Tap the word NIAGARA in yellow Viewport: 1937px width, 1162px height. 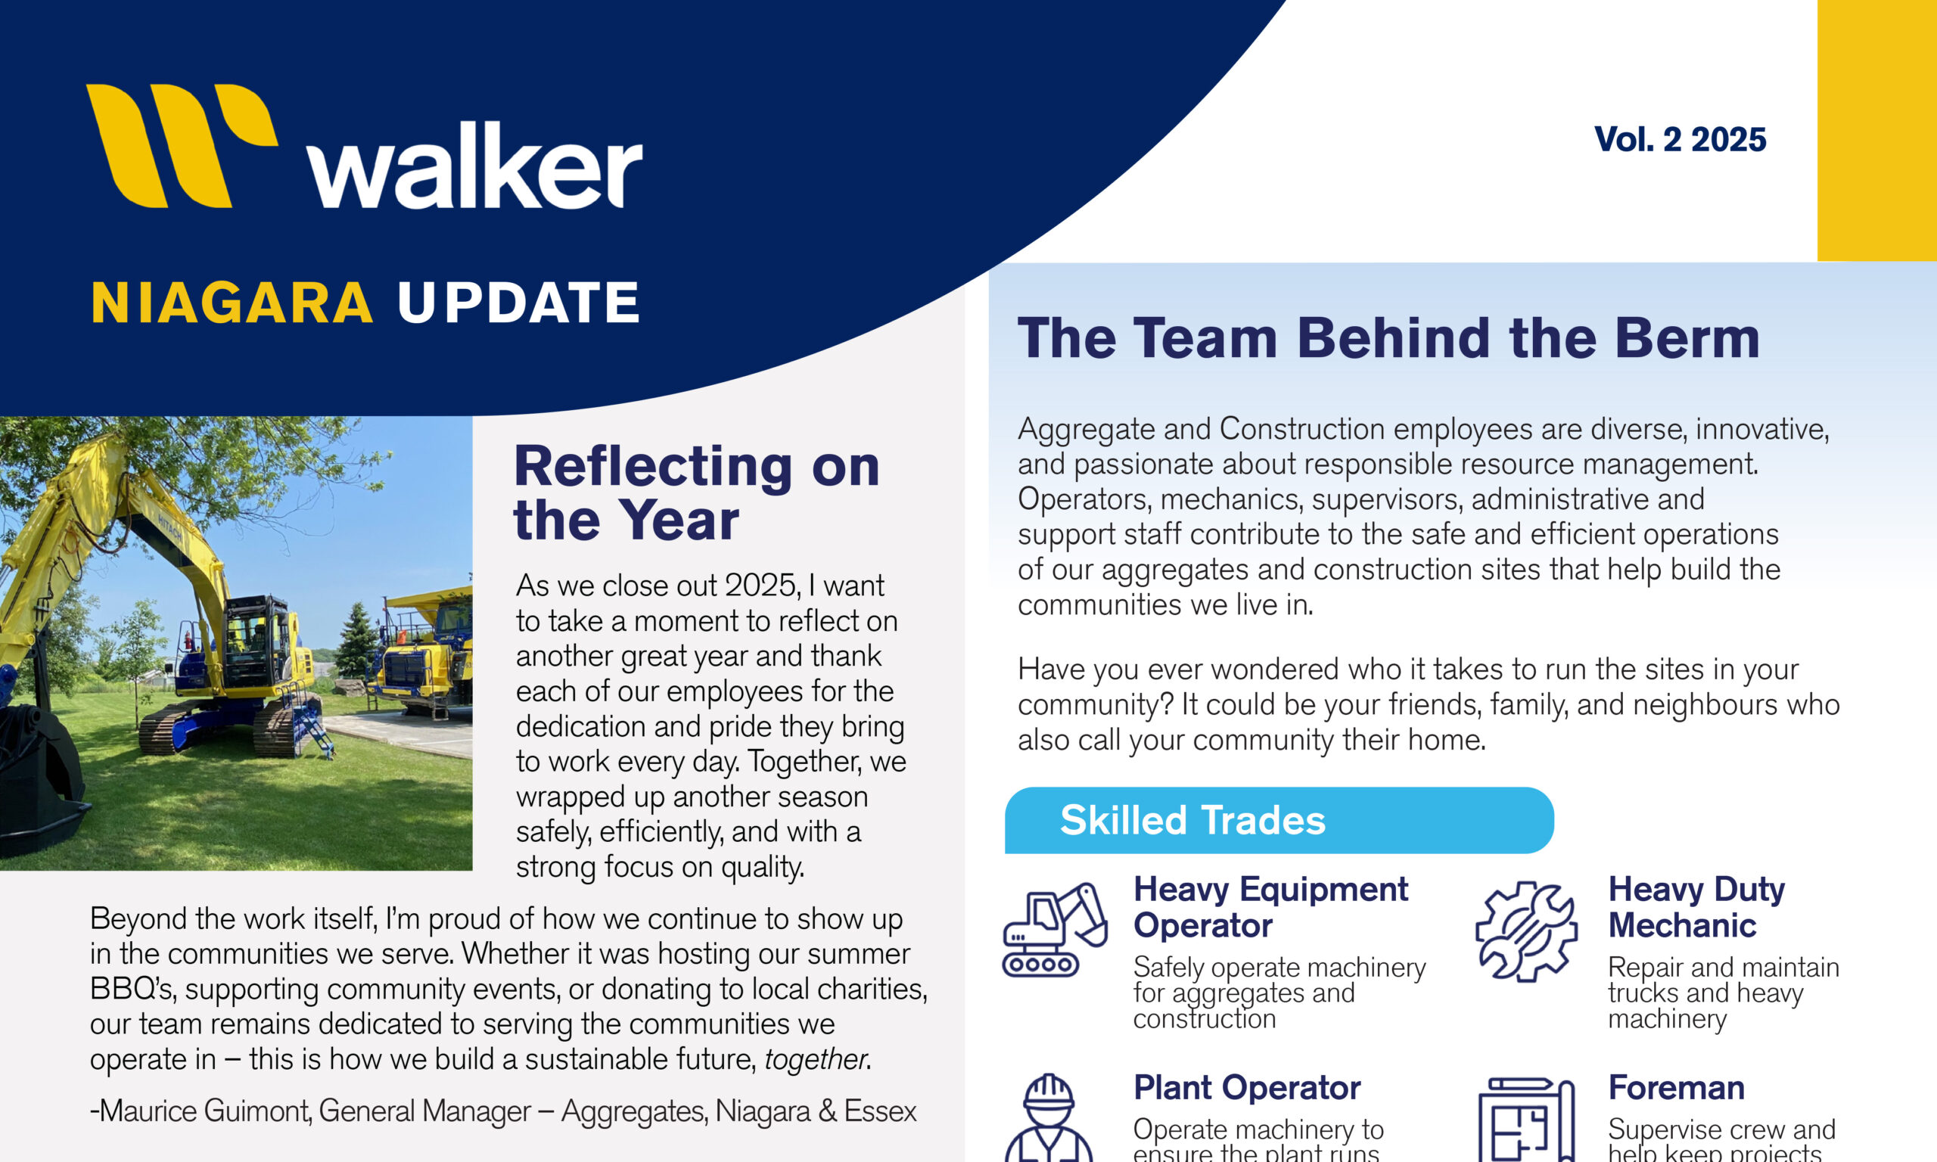pyautogui.click(x=232, y=303)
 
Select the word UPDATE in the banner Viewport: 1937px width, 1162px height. pyautogui.click(x=518, y=303)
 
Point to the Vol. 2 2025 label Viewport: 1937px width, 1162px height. pyautogui.click(x=1680, y=139)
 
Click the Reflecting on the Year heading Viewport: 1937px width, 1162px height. pyautogui.click(x=696, y=492)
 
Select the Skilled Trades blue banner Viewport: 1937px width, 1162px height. pyautogui.click(x=1279, y=821)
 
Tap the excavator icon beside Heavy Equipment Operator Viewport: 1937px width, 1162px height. pyautogui.click(x=1055, y=931)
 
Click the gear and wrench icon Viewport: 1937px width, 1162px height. pyautogui.click(x=1526, y=931)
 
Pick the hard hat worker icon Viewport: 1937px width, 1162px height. pyautogui.click(x=1049, y=1117)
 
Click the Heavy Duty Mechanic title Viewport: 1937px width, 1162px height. pyautogui.click(x=1696, y=908)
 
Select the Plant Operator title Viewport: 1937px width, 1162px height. pyautogui.click(x=1246, y=1088)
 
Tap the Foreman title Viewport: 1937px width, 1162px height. pyautogui.click(x=1676, y=1088)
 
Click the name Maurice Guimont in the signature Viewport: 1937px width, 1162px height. pyautogui.click(x=205, y=1111)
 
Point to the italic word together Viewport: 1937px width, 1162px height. pyautogui.click(x=815, y=1059)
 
